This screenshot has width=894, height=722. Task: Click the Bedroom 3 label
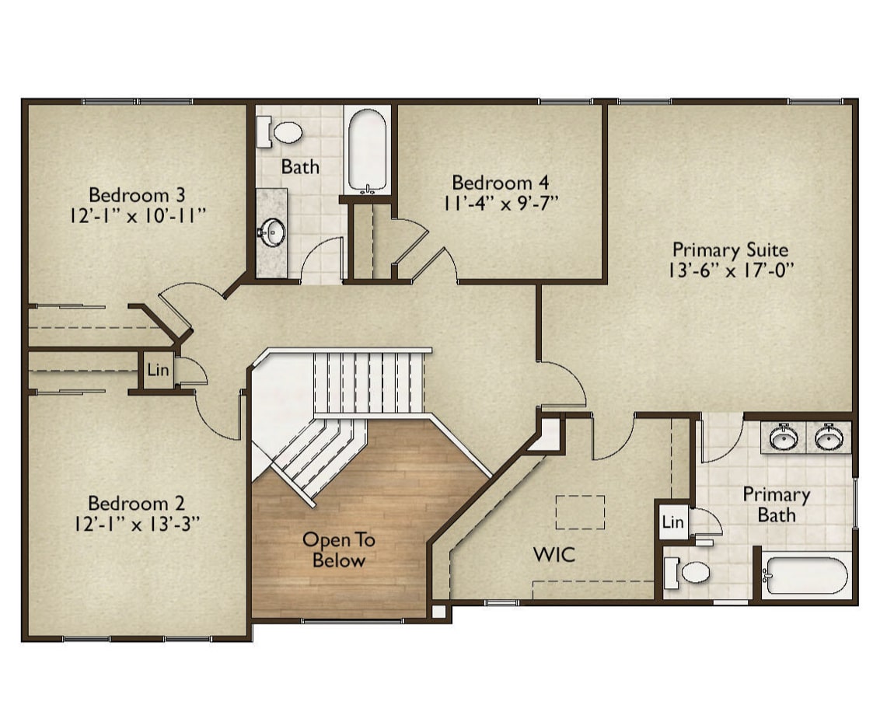137,195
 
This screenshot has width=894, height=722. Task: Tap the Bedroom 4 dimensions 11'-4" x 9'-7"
501,204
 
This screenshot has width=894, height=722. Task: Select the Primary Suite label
731,249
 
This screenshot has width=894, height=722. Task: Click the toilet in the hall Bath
281,132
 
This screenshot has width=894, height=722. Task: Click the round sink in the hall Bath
273,232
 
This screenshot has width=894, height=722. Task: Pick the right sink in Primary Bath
829,438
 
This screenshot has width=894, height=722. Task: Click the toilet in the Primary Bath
687,571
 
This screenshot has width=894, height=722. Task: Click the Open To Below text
339,550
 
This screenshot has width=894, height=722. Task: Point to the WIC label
554,555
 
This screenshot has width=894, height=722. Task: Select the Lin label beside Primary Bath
672,521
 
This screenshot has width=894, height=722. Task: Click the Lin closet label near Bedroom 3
158,370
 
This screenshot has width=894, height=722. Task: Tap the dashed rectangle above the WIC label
581,512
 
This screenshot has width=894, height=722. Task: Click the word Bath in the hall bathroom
301,167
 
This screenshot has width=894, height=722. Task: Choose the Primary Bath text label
776,505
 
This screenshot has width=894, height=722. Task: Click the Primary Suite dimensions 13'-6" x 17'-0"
732,270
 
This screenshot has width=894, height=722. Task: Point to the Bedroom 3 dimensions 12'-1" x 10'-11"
138,216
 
